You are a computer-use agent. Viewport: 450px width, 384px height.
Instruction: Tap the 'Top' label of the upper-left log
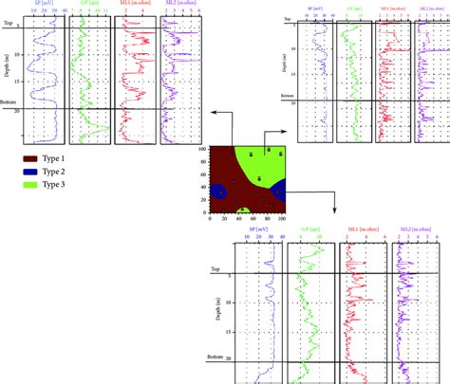(x=8, y=22)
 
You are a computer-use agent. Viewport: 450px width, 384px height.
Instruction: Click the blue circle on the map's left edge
(x=216, y=193)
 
